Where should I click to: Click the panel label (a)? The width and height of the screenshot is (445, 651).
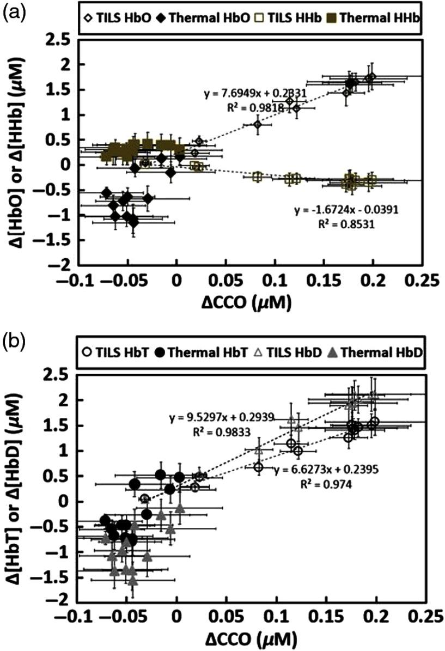pos(12,10)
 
